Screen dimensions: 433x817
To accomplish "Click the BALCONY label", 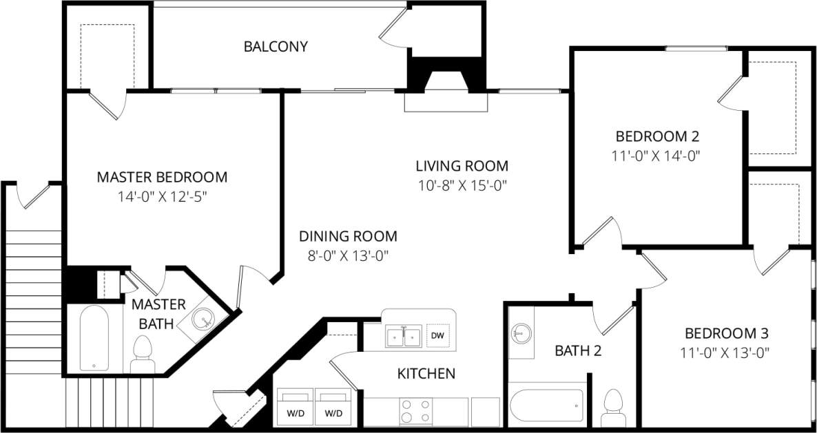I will click(x=276, y=47).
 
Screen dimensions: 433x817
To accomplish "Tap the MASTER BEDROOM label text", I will click(x=162, y=177).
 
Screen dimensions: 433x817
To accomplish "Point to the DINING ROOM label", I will click(x=348, y=236).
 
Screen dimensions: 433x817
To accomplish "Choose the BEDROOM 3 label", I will click(x=726, y=334).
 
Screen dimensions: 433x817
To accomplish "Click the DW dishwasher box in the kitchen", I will click(x=436, y=336).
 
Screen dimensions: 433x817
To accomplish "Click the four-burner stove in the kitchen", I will click(x=416, y=411).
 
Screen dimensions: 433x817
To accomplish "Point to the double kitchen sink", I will click(x=404, y=337).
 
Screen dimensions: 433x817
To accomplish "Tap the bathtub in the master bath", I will click(x=94, y=339).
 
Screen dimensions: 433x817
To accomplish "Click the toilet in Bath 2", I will click(x=612, y=406).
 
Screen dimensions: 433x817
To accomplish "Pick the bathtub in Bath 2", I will click(x=547, y=407).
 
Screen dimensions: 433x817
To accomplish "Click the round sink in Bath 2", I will click(x=520, y=334).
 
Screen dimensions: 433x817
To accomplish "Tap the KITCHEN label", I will click(x=426, y=374).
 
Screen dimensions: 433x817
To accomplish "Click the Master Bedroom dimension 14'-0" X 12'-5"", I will click(x=162, y=196).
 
